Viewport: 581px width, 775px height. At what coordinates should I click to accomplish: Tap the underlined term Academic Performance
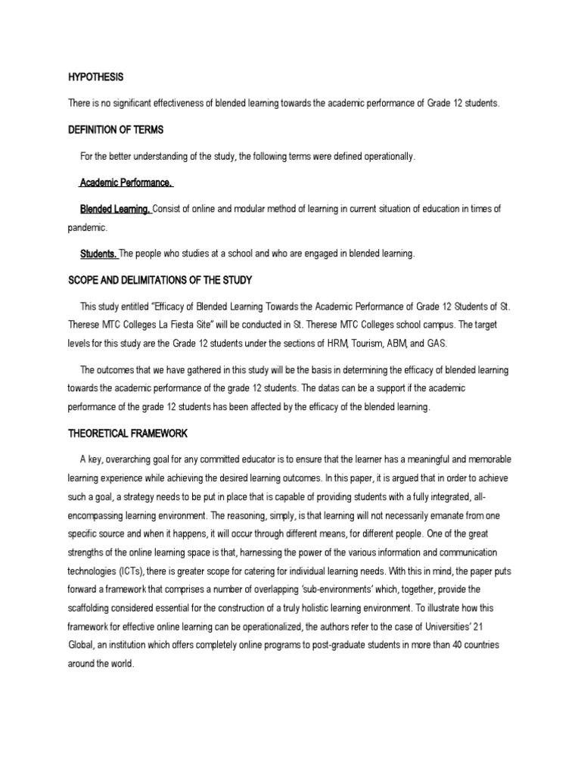127,182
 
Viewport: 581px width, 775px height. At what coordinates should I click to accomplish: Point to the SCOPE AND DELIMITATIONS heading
160,280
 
